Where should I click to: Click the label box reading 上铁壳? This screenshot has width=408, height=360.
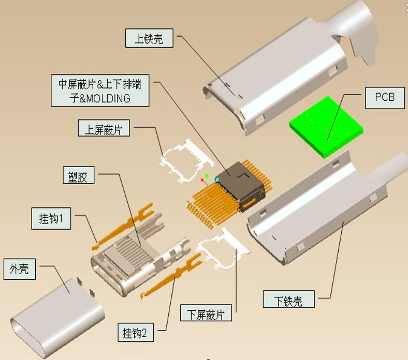149,38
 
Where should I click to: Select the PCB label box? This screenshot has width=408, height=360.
385,98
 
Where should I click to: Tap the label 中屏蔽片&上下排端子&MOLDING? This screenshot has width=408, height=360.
100,91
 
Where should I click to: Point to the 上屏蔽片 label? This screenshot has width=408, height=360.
104,128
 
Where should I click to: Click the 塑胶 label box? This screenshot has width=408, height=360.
79,175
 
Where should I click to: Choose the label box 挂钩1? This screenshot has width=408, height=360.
51,218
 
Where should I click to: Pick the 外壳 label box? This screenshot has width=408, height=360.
20,269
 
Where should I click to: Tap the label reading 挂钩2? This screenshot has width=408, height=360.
136,333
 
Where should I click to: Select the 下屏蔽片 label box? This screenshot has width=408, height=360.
206,313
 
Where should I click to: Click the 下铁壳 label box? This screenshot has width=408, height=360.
288,299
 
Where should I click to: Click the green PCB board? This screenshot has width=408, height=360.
326,127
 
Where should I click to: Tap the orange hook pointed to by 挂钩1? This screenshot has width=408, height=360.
122,226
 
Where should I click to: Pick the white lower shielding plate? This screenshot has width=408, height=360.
223,248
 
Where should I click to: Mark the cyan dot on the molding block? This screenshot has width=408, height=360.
217,179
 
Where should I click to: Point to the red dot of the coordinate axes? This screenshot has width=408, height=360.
202,180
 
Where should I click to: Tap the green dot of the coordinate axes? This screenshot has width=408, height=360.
207,176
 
